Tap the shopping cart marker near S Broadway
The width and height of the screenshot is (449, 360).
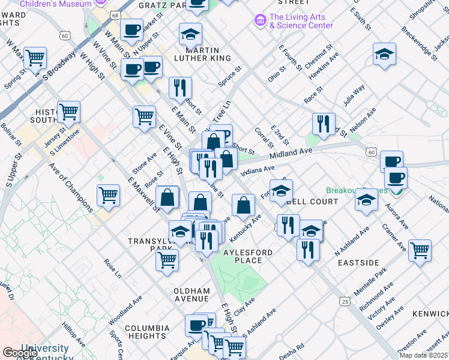(x=35, y=58)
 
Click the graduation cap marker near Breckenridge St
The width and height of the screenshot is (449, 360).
(x=384, y=54)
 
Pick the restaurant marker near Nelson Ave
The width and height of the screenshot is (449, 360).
(x=324, y=124)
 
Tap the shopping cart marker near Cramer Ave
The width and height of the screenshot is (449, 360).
(x=420, y=249)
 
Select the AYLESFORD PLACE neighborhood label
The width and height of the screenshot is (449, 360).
(x=247, y=256)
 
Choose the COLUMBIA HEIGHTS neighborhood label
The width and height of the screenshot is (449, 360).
(x=147, y=332)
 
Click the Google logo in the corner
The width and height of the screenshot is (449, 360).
(x=20, y=353)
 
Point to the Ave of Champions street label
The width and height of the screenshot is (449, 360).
(x=71, y=188)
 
